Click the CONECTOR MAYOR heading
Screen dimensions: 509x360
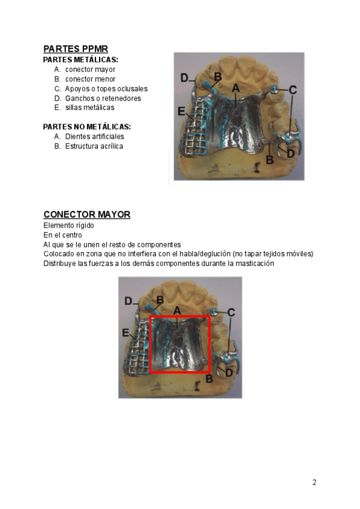click(86, 215)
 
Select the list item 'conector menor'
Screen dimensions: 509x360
click(90, 79)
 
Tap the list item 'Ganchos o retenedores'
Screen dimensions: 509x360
click(103, 98)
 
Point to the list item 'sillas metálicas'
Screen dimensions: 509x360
click(89, 108)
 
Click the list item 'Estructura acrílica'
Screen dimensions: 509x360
click(94, 146)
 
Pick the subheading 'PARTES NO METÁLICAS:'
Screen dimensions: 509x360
click(87, 127)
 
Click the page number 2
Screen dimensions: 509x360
click(314, 483)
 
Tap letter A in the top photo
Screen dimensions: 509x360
click(236, 88)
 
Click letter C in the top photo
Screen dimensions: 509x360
click(292, 90)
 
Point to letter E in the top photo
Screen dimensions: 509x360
click(181, 111)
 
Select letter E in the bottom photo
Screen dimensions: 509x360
click(125, 333)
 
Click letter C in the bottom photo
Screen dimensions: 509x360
click(231, 312)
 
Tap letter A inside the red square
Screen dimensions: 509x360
click(177, 310)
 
